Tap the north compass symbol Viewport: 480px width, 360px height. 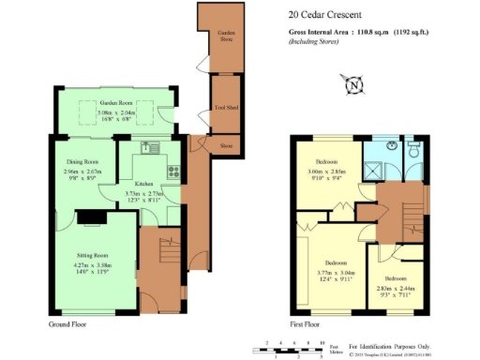click(x=353, y=86)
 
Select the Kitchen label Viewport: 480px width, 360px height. click(x=144, y=184)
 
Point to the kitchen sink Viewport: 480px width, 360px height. click(x=153, y=148)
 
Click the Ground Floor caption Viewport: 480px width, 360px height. click(x=69, y=324)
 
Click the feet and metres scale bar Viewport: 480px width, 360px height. click(x=292, y=350)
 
